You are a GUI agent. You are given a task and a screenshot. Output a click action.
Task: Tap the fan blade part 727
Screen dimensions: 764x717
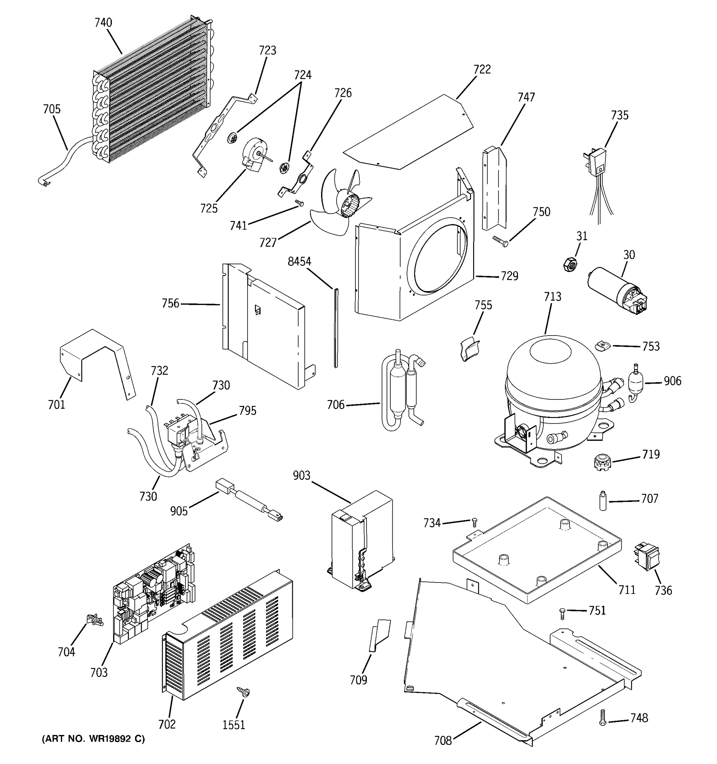(338, 204)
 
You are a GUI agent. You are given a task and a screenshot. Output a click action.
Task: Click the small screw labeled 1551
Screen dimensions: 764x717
(244, 692)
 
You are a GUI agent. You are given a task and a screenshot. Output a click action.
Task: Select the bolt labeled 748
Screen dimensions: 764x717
(602, 718)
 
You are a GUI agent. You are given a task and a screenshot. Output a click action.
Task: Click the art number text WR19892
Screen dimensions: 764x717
(93, 739)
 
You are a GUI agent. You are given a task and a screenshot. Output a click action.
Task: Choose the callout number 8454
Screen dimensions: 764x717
(299, 262)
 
